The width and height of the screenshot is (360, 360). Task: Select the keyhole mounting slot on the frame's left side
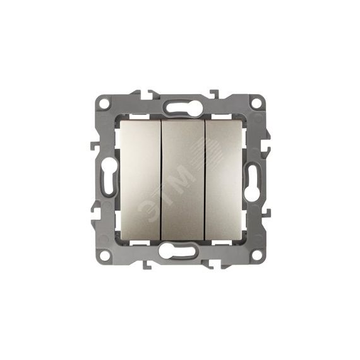pyautogui.click(x=109, y=177)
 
